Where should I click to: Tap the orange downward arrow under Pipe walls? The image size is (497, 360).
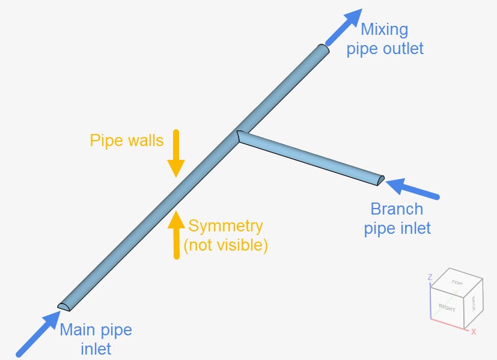(175, 153)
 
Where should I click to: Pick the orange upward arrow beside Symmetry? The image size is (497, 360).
(175, 234)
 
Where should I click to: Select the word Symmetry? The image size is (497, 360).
(226, 226)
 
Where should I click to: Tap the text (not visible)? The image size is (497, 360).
(225, 245)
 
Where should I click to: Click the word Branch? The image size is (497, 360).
(397, 209)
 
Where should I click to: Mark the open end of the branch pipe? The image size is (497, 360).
(380, 178)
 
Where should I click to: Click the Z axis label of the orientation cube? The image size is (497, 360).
(430, 278)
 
